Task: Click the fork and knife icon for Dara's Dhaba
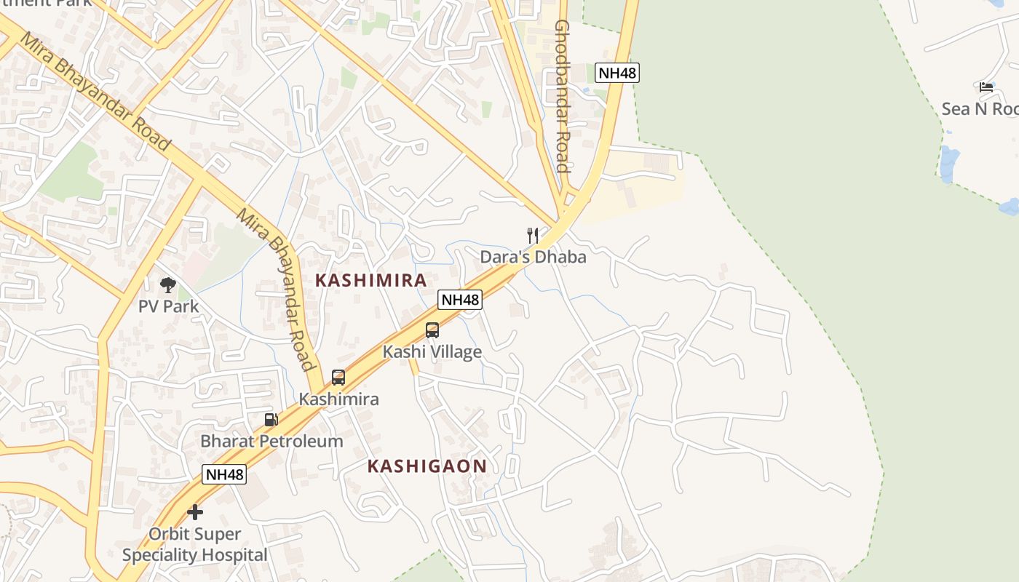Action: pos(533,235)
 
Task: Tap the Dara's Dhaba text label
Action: pos(533,257)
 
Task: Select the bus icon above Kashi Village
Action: pos(432,330)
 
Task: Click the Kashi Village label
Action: pos(432,352)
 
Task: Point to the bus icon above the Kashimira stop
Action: pos(338,378)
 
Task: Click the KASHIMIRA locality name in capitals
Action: pos(370,281)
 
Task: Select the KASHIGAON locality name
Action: pos(427,466)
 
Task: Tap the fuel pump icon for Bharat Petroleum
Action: pos(271,419)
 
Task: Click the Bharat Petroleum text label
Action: pos(271,441)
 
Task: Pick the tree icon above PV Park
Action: pos(168,284)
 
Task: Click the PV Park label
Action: pos(168,306)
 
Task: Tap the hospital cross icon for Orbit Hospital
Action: pos(195,512)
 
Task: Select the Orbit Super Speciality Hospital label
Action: pos(195,545)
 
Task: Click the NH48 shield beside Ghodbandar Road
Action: pos(617,73)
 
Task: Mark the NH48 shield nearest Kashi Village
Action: pos(460,300)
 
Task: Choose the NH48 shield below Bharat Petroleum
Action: pos(224,475)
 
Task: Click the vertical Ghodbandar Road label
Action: pos(561,96)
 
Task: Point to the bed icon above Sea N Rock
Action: pos(986,87)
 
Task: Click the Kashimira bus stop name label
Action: pos(338,399)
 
